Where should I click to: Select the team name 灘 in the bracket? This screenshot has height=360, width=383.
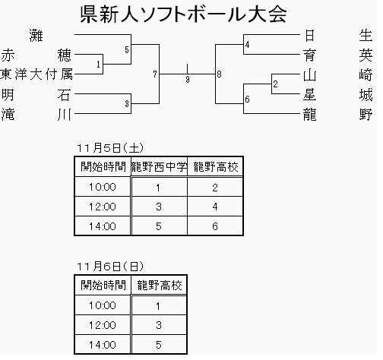click(36, 36)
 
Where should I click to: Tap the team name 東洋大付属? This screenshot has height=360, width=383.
click(37, 75)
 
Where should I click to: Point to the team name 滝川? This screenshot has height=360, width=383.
click(37, 115)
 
